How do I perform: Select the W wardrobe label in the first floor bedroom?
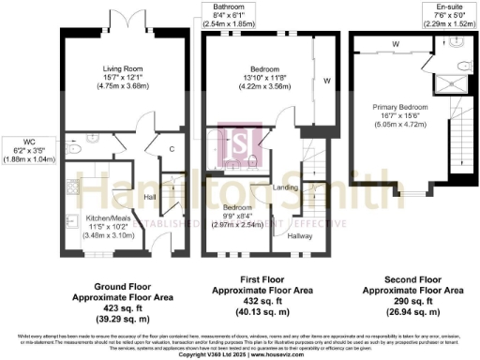point(325,80)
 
